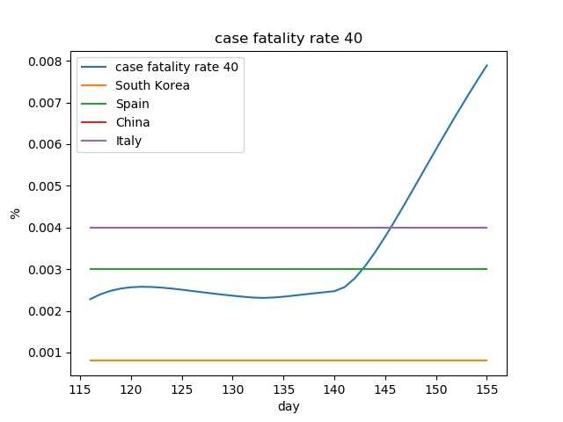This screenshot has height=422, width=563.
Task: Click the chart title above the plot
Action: pyautogui.click(x=289, y=39)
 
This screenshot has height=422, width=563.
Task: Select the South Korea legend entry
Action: pyautogui.click(x=152, y=85)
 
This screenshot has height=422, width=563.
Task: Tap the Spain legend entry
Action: pyautogui.click(x=133, y=104)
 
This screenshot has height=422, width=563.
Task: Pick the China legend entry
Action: pyautogui.click(x=133, y=122)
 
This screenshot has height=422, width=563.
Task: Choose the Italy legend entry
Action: pyautogui.click(x=129, y=141)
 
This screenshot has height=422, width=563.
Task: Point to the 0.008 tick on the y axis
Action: pyautogui.click(x=46, y=62)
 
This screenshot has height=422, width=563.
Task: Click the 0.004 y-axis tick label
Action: pyautogui.click(x=46, y=228)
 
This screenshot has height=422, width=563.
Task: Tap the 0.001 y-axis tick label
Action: pyautogui.click(x=46, y=353)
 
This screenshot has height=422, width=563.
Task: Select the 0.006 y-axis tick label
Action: pyautogui.click(x=46, y=144)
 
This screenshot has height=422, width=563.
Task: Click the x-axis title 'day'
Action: pyautogui.click(x=289, y=407)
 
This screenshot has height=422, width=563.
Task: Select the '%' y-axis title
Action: pyautogui.click(x=15, y=213)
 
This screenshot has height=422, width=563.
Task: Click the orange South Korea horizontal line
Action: pyautogui.click(x=264, y=360)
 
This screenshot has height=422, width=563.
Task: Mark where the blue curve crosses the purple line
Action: pyautogui.click(x=391, y=228)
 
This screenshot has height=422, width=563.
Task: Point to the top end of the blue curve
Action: pyautogui.click(x=486, y=65)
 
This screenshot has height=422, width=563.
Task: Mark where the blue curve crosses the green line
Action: pyautogui.click(x=363, y=269)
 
